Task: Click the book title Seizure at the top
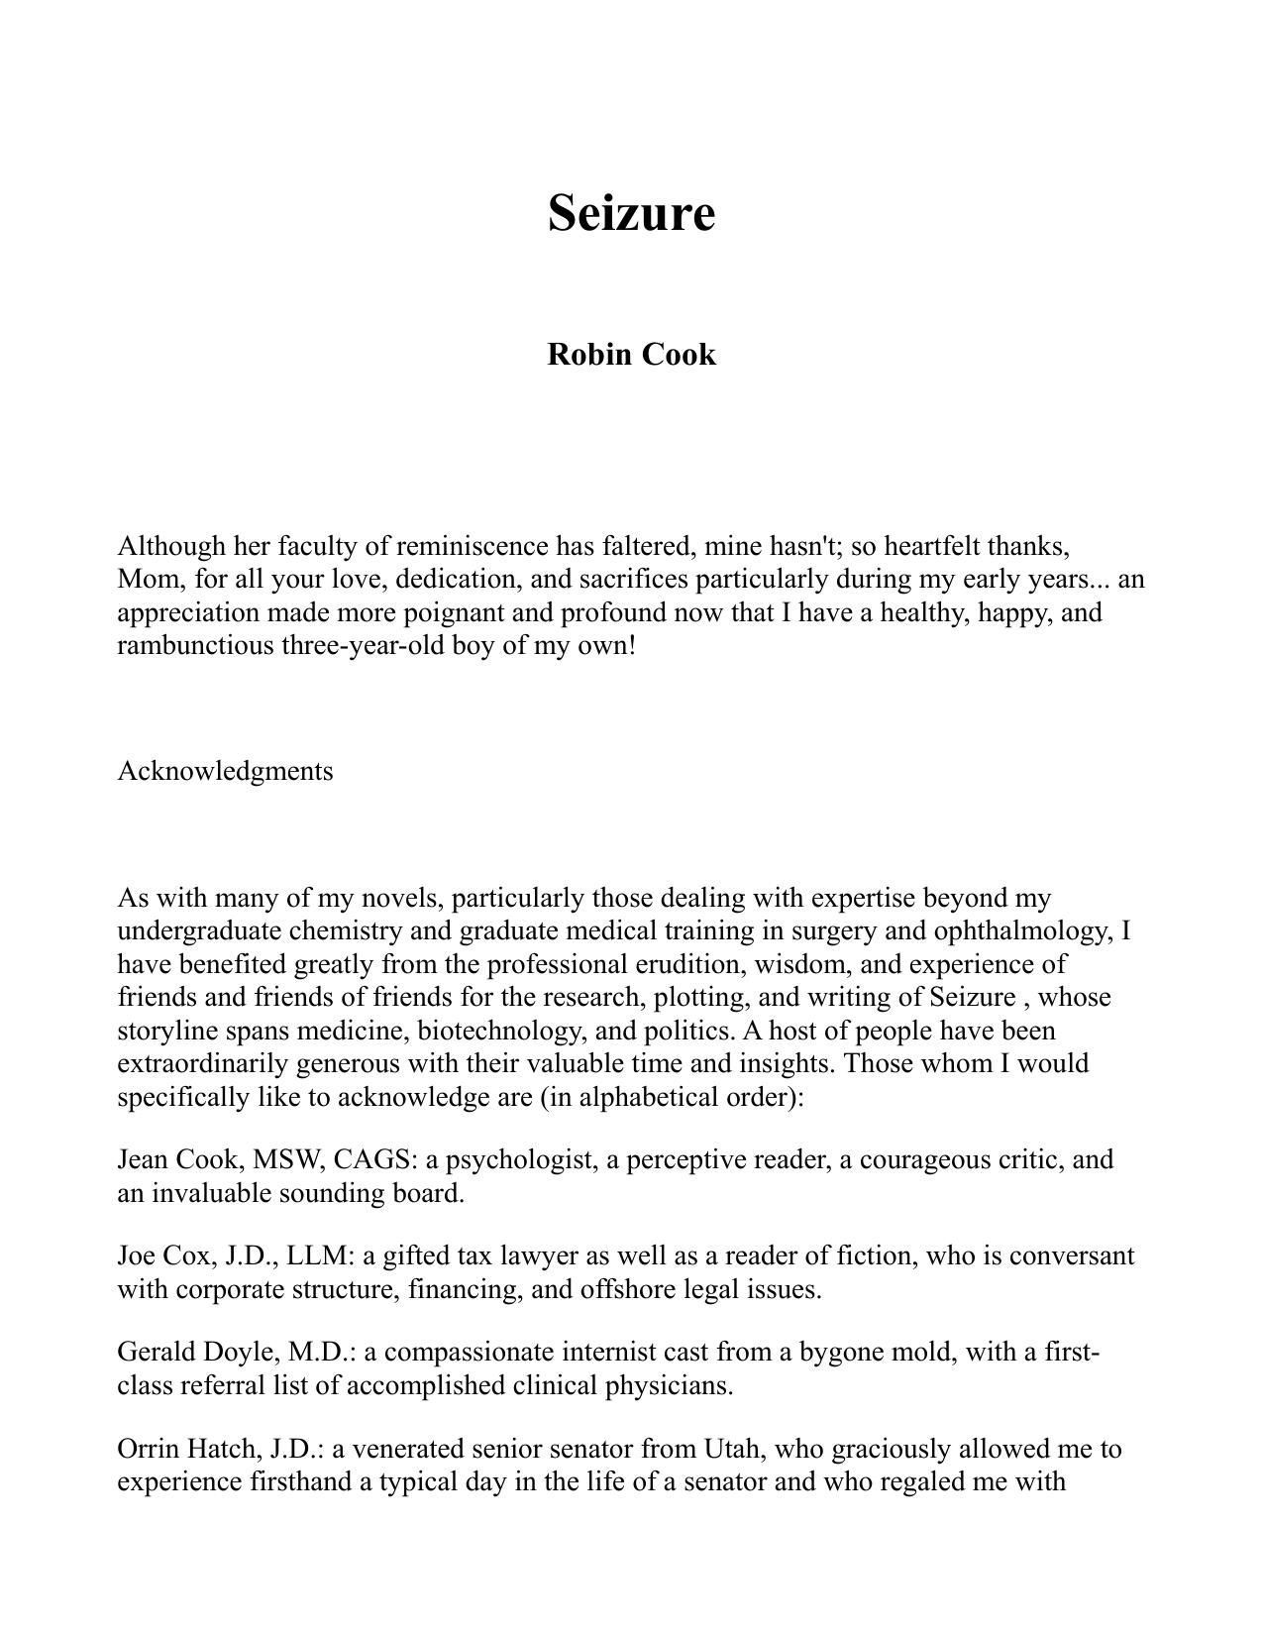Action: [x=631, y=212]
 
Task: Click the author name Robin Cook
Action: [x=631, y=354]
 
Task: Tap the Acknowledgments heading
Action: [x=225, y=771]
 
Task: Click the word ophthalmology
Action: [x=1022, y=931]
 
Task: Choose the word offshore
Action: [x=612, y=1290]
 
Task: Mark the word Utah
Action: [x=733, y=1450]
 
